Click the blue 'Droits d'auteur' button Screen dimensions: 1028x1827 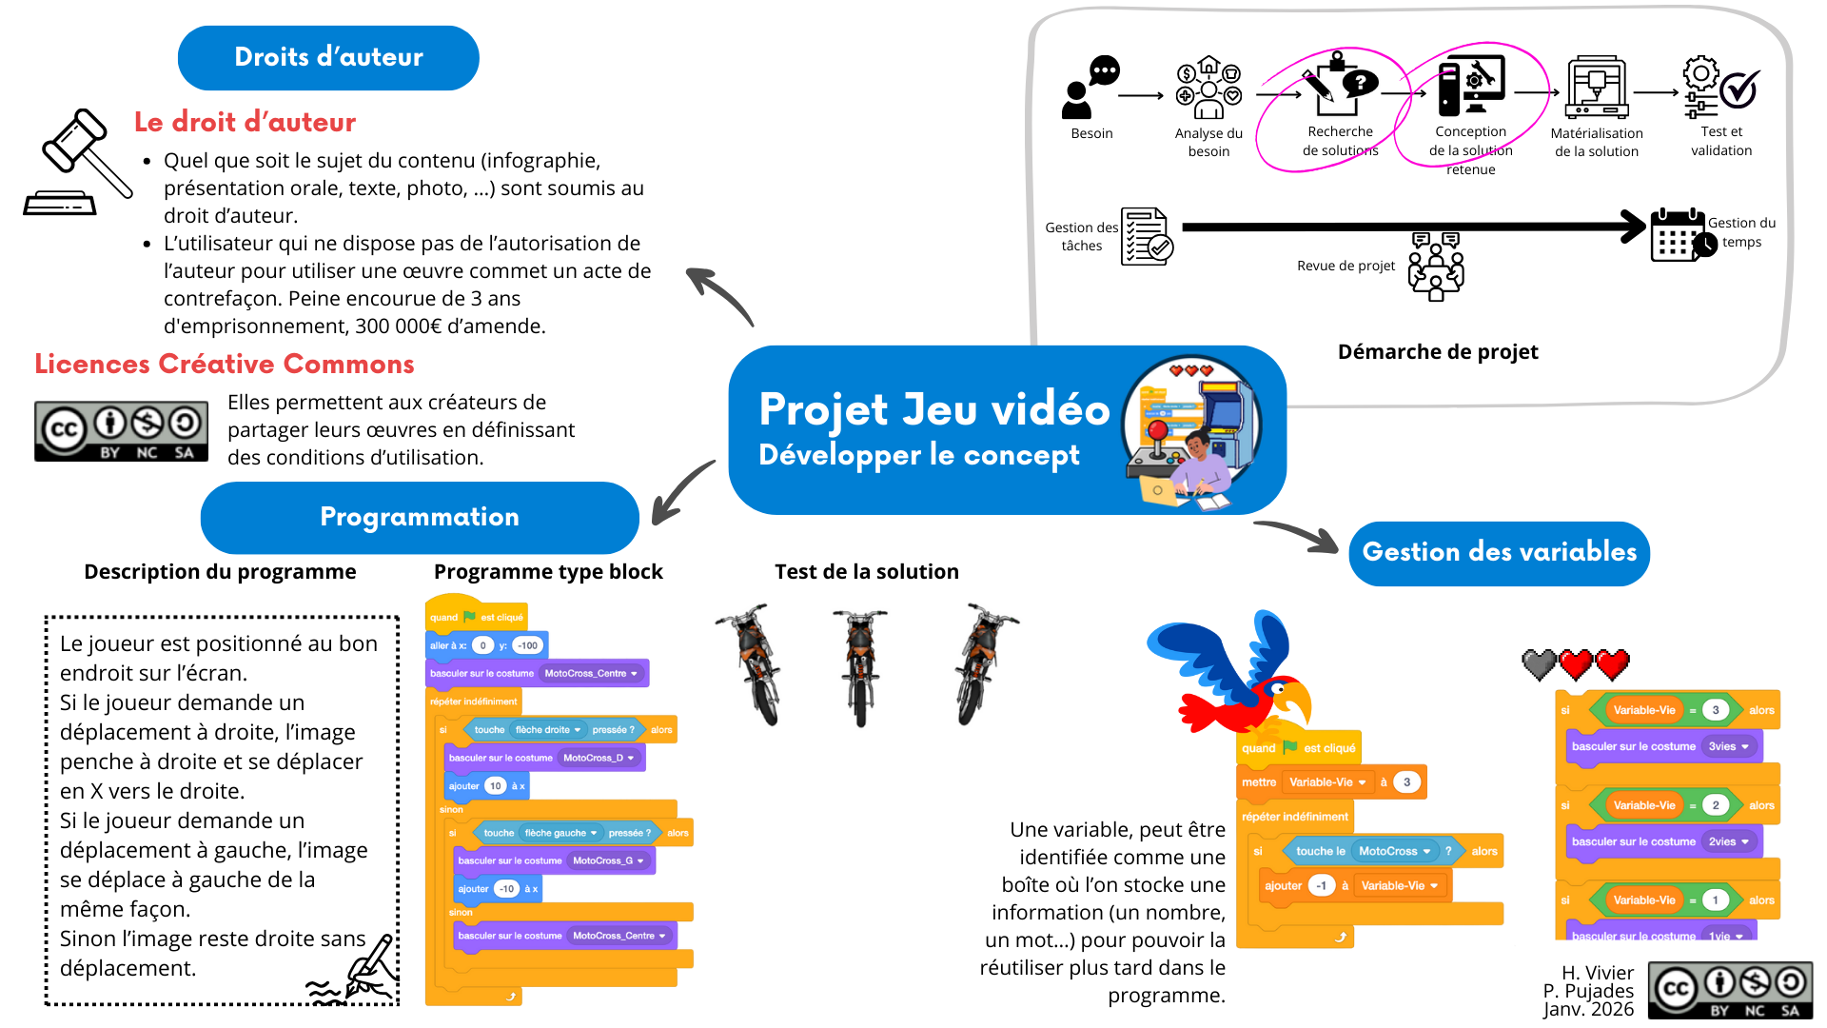tap(328, 58)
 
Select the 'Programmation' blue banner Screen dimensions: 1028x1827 tap(420, 517)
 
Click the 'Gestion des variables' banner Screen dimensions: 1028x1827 tap(1499, 553)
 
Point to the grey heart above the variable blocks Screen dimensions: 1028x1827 tap(1539, 664)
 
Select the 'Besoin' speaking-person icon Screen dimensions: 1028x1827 tap(1090, 87)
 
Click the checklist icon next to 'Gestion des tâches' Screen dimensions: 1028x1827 tap(1146, 236)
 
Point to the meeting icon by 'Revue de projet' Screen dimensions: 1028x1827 tap(1436, 266)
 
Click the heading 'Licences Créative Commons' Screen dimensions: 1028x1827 tap(225, 365)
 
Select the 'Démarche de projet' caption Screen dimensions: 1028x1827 tap(1437, 352)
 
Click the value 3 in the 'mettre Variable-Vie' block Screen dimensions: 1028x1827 tap(1406, 782)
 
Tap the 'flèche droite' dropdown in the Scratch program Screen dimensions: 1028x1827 tap(548, 730)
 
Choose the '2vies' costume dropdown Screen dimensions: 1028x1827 tap(1728, 841)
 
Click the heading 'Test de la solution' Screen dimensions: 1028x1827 tap(866, 572)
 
